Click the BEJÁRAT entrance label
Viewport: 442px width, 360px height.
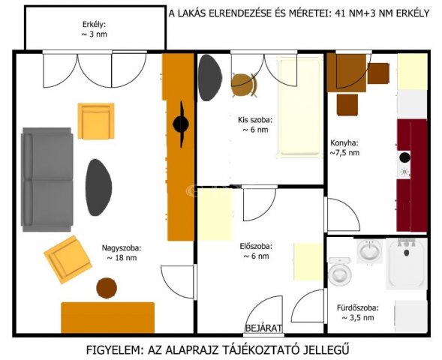(263, 328)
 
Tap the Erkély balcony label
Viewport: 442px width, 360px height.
(94, 28)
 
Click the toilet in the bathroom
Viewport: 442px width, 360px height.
(339, 271)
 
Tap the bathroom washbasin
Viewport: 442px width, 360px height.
(368, 250)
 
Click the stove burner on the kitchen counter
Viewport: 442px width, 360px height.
(404, 158)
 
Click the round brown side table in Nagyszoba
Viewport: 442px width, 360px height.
(107, 287)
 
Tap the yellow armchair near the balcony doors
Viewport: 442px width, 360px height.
(95, 121)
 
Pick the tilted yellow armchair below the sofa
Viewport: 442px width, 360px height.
(68, 258)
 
